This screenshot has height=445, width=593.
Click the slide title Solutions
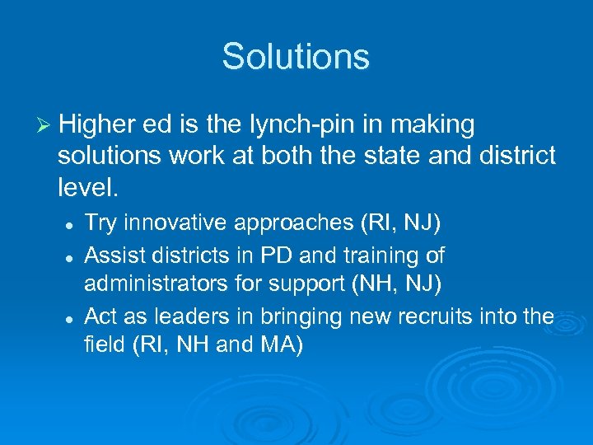(x=296, y=57)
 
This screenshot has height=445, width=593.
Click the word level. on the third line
(x=89, y=188)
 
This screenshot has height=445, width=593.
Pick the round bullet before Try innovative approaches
(x=71, y=224)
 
